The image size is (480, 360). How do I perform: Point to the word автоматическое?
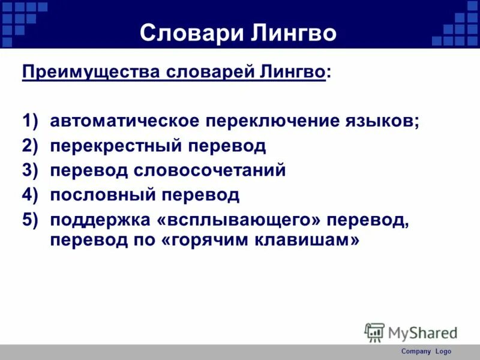pos(124,121)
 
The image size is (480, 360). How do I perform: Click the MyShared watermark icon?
pos(374,332)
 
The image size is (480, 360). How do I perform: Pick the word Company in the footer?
pos(416,352)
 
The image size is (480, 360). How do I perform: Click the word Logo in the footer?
pos(443,352)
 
